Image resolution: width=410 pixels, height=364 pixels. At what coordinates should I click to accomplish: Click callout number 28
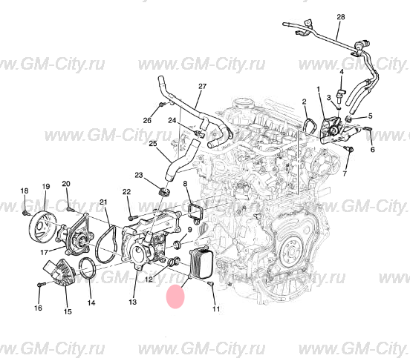341,17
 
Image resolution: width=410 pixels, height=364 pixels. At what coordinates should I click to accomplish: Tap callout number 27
202,87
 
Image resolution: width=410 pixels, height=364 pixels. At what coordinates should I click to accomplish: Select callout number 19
46,187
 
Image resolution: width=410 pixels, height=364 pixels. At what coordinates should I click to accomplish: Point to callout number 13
132,302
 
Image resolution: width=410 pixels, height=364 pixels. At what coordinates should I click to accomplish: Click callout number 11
216,309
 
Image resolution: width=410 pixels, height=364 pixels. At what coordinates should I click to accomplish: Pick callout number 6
373,150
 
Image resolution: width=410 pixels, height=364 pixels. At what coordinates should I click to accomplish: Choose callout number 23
139,175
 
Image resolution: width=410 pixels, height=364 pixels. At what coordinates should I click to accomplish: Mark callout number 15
68,311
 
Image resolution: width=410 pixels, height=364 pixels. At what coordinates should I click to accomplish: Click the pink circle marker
175,297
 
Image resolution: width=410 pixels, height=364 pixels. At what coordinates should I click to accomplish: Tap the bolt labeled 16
42,284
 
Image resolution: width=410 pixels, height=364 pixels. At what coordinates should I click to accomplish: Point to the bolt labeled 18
25,214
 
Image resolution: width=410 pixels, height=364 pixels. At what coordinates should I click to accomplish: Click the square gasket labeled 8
195,211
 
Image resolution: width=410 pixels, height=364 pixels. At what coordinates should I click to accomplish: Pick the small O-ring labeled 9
178,244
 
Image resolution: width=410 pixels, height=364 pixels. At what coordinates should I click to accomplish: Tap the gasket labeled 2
310,125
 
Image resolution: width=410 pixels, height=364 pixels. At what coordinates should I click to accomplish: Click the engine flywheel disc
291,253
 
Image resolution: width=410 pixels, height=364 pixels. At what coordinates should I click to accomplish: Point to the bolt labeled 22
133,217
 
